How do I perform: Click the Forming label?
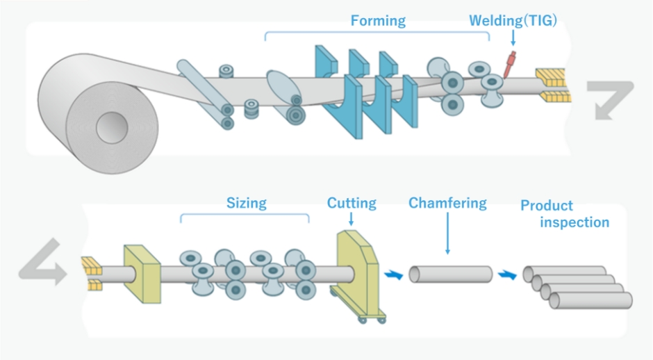click(x=378, y=20)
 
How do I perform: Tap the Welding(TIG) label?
click(x=512, y=20)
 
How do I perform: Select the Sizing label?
click(x=246, y=203)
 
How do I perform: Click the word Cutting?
click(x=352, y=203)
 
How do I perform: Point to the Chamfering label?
click(x=447, y=203)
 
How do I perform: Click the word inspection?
click(x=575, y=222)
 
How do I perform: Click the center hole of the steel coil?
click(x=112, y=128)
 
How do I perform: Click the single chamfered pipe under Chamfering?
click(x=450, y=274)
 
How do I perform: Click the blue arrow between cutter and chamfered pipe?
click(x=393, y=275)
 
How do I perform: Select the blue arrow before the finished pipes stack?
click(x=506, y=276)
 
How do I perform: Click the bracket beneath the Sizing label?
click(x=245, y=216)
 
